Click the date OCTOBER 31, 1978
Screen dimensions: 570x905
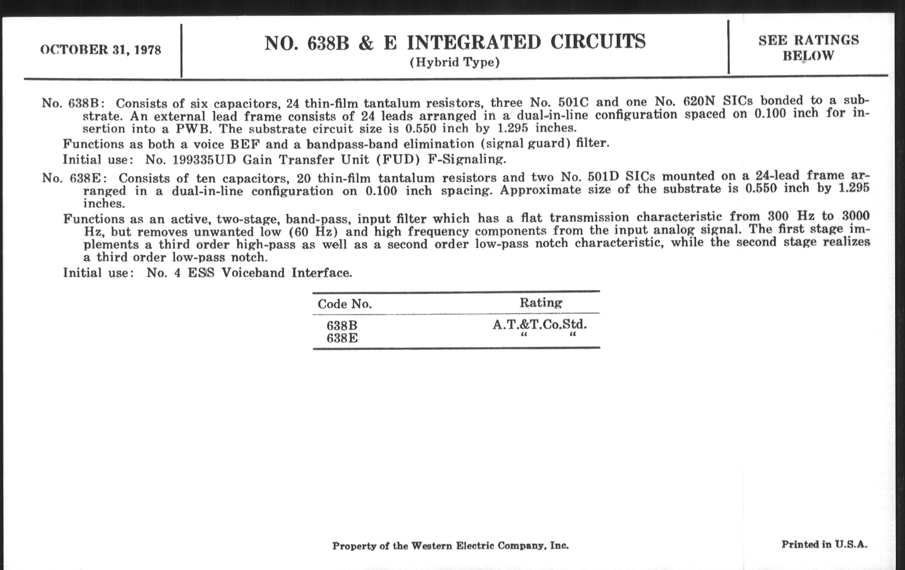coord(101,50)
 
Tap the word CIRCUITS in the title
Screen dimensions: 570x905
coord(598,42)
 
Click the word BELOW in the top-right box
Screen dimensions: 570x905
coord(808,56)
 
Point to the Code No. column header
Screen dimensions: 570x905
coord(345,304)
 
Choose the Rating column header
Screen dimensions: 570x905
coord(541,303)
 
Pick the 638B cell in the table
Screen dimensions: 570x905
coord(342,326)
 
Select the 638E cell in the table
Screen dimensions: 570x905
coord(342,339)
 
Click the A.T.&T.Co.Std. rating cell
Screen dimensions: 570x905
coord(539,324)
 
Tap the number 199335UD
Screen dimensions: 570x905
coord(204,160)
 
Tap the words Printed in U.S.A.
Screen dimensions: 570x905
coord(824,544)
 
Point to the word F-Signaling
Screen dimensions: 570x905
coord(467,159)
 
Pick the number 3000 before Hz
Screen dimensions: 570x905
coord(856,216)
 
